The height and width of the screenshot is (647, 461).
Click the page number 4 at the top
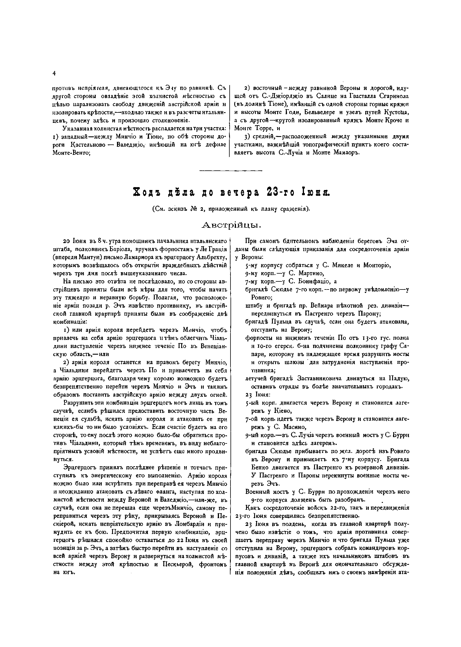click(x=54, y=74)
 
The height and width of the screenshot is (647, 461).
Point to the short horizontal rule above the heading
click(x=231, y=171)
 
